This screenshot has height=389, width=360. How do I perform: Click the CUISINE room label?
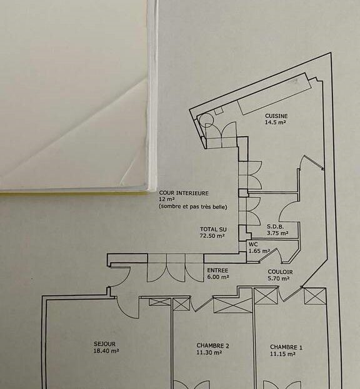(276, 116)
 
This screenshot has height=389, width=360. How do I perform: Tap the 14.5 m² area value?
(276, 122)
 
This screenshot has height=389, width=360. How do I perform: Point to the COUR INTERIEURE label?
(184, 193)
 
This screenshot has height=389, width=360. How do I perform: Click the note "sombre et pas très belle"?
(193, 207)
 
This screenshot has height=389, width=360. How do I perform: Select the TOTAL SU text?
(213, 229)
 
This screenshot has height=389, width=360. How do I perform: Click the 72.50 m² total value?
(212, 235)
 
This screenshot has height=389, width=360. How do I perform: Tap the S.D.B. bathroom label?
(276, 227)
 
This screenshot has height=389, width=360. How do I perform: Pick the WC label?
(253, 244)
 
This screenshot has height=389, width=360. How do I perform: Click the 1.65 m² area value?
(259, 251)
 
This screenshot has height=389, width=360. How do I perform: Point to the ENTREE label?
(217, 270)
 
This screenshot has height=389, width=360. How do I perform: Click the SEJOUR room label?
(104, 344)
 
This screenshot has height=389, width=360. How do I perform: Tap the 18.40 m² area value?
(106, 351)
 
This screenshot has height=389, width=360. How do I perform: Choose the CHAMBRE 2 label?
(212, 345)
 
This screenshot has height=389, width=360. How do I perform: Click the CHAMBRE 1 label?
(286, 347)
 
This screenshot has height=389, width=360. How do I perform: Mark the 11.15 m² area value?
(282, 354)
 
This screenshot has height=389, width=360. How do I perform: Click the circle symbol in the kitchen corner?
(207, 120)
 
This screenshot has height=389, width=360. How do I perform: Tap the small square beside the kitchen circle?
(219, 111)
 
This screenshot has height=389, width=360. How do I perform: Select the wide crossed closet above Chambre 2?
(232, 305)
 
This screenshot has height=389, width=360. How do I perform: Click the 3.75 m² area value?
(277, 233)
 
